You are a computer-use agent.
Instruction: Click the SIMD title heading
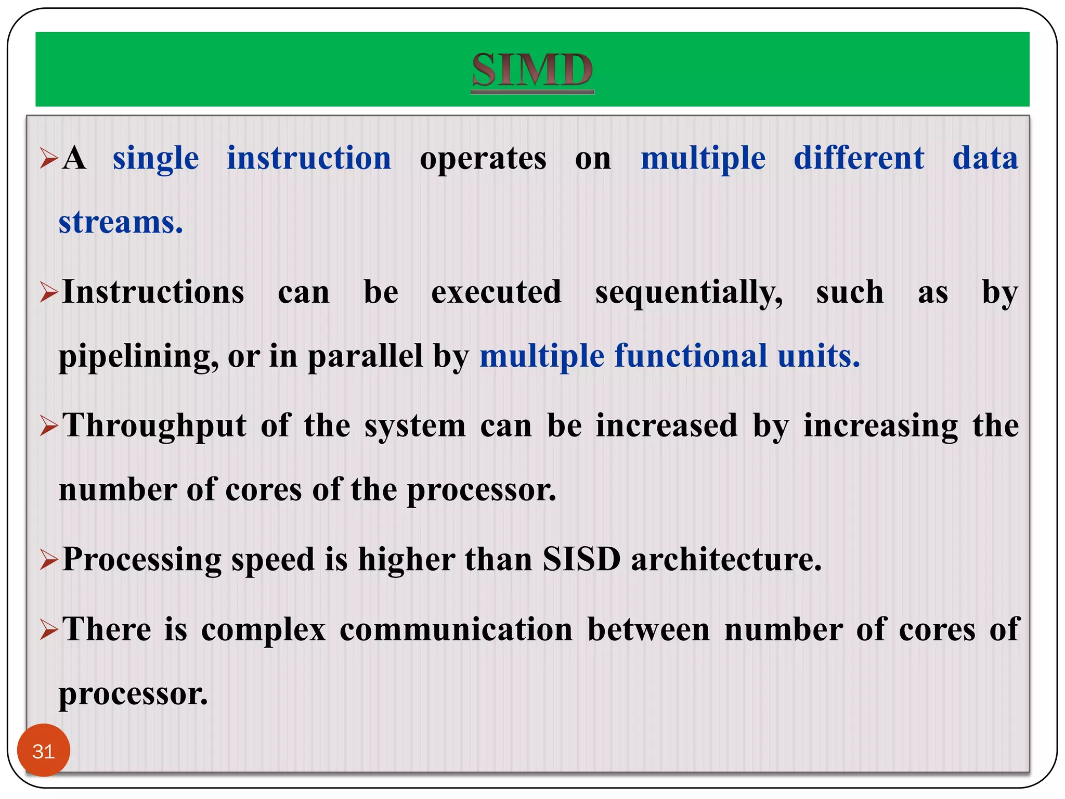coord(532,70)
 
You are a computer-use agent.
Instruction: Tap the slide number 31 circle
coord(43,751)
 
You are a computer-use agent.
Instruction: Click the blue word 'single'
coord(155,159)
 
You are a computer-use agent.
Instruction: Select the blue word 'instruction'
coord(309,158)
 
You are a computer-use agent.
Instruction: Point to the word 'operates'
coord(483,159)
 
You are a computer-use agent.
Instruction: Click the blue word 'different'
coord(859,158)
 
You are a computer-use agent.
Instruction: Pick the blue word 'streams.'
coord(121,223)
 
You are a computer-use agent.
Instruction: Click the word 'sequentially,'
coord(689,292)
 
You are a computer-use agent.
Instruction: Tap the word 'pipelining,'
coord(138,357)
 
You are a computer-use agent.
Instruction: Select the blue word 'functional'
coord(691,356)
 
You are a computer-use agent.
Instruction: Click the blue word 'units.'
coord(819,356)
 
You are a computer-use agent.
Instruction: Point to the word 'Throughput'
coord(154,427)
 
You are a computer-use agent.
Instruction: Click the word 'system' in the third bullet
coord(414,426)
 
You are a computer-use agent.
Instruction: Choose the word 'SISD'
coord(581,560)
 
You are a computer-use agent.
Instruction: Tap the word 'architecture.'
coord(726,560)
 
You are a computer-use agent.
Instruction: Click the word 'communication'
coord(456,630)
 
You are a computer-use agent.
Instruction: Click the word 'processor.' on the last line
coord(133,694)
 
